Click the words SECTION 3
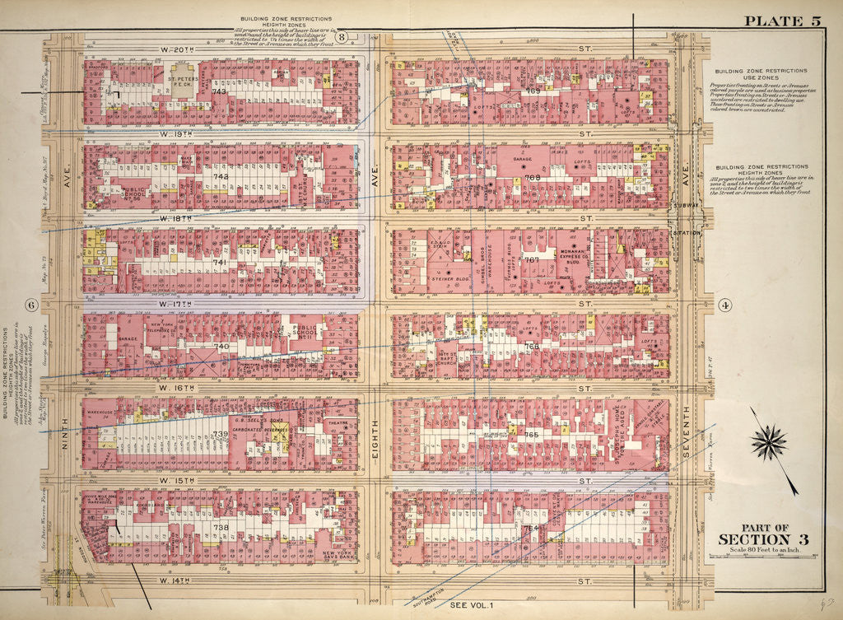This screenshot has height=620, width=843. coord(763,539)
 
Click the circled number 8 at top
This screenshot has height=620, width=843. coord(342,36)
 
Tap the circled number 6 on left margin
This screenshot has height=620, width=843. coord(31,305)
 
